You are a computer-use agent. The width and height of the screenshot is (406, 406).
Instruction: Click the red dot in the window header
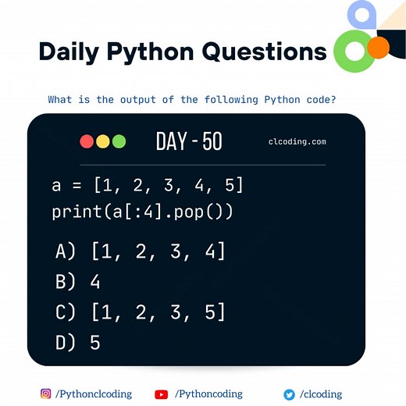coord(87,141)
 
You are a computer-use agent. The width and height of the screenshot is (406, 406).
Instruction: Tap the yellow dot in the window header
coord(103,141)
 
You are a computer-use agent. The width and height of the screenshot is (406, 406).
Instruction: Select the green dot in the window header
coord(119,141)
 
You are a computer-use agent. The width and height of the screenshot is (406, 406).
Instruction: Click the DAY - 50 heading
coord(189,141)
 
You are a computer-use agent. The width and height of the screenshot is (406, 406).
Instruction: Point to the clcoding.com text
coord(297,142)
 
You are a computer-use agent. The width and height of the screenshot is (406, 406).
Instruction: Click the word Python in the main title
coord(148,52)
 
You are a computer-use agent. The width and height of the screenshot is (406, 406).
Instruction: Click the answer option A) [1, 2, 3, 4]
coord(141,251)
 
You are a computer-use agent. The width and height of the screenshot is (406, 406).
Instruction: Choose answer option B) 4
coord(78,281)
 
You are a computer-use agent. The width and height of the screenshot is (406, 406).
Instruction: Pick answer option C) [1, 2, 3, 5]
coord(141,312)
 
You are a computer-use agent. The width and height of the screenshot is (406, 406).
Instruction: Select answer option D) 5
coord(78,342)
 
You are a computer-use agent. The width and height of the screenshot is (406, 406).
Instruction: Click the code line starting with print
coord(143,212)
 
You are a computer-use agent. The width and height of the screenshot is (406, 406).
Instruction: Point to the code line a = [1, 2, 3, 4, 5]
coord(148,186)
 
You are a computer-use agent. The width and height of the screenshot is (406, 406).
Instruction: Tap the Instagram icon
coord(46,394)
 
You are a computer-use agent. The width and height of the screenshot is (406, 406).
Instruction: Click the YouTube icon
coord(162,394)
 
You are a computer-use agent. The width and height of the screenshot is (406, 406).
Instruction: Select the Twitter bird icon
coord(289,394)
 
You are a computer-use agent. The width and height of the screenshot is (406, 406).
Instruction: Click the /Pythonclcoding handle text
coord(94,394)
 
